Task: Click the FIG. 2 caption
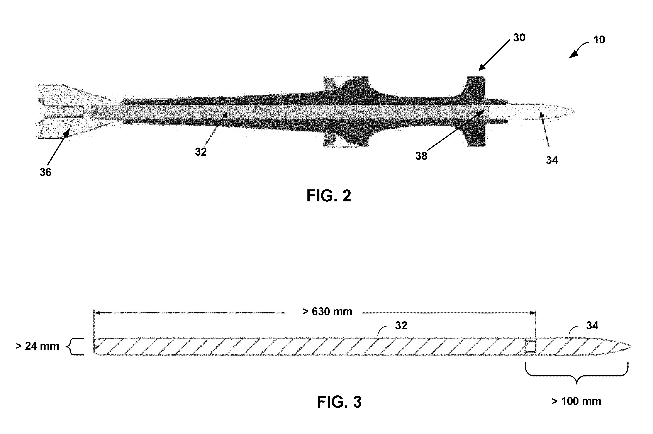329,196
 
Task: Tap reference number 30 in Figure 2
519,38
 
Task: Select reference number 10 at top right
599,40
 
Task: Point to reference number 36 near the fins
45,172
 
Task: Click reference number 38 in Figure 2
421,156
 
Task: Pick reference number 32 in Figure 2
201,152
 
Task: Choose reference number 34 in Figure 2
552,160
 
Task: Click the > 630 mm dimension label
327,312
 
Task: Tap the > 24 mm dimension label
37,346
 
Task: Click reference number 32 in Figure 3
401,326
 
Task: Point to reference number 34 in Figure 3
592,326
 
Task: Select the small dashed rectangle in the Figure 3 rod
531,347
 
